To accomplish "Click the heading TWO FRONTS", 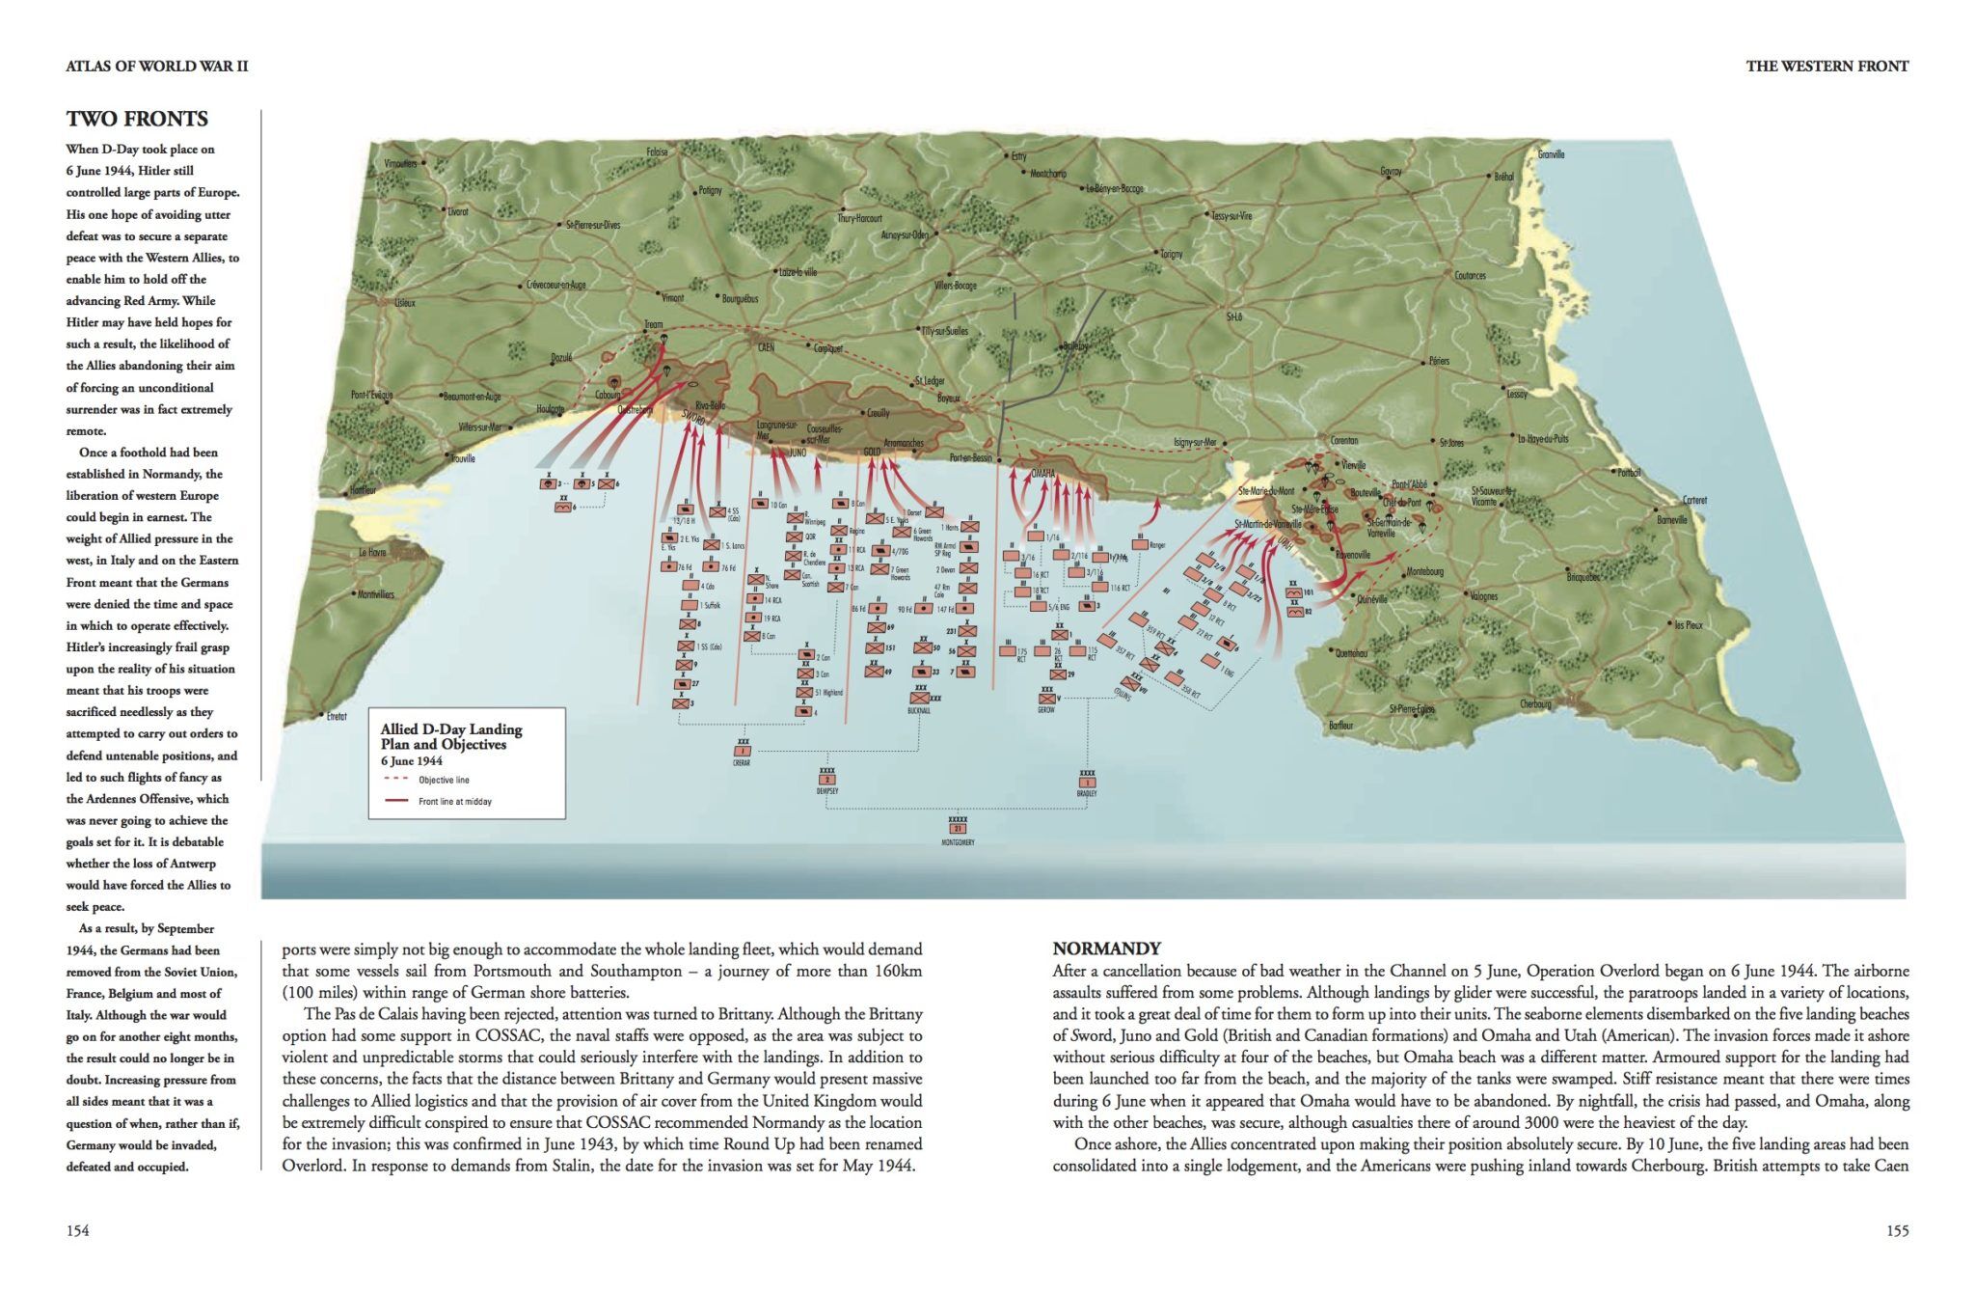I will tap(137, 119).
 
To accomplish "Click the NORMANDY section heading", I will tap(1106, 948).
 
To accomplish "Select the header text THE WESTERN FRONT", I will tap(1826, 66).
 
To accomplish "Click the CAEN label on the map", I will tap(767, 346).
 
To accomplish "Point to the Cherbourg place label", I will tap(1535, 703).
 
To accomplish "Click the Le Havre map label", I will tap(372, 553).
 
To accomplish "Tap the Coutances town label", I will tap(1470, 276).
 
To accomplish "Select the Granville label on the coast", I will tap(1551, 154).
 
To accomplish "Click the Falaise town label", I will tap(657, 151).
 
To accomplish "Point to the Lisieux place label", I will tap(404, 302).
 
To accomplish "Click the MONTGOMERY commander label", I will tap(958, 842).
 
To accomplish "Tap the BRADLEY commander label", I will tap(1087, 793).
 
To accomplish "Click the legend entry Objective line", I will tap(444, 780).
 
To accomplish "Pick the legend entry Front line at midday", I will tap(454, 801).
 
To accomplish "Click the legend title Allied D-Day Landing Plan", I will tap(450, 736).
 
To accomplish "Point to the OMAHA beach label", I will tap(1042, 474).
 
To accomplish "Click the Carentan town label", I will tap(1343, 441).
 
